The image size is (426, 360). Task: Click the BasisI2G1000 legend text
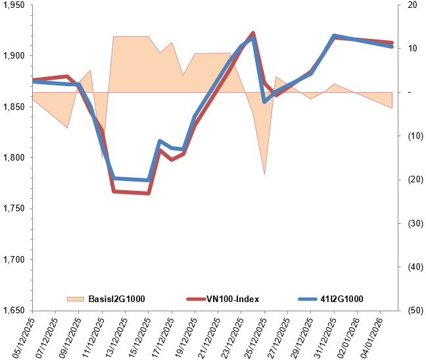116,299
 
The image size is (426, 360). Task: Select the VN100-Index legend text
233,299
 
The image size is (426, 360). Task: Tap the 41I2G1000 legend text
343,299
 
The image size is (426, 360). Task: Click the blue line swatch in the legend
303,299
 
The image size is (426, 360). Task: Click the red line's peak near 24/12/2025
253,33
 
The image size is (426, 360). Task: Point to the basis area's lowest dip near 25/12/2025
264,174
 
